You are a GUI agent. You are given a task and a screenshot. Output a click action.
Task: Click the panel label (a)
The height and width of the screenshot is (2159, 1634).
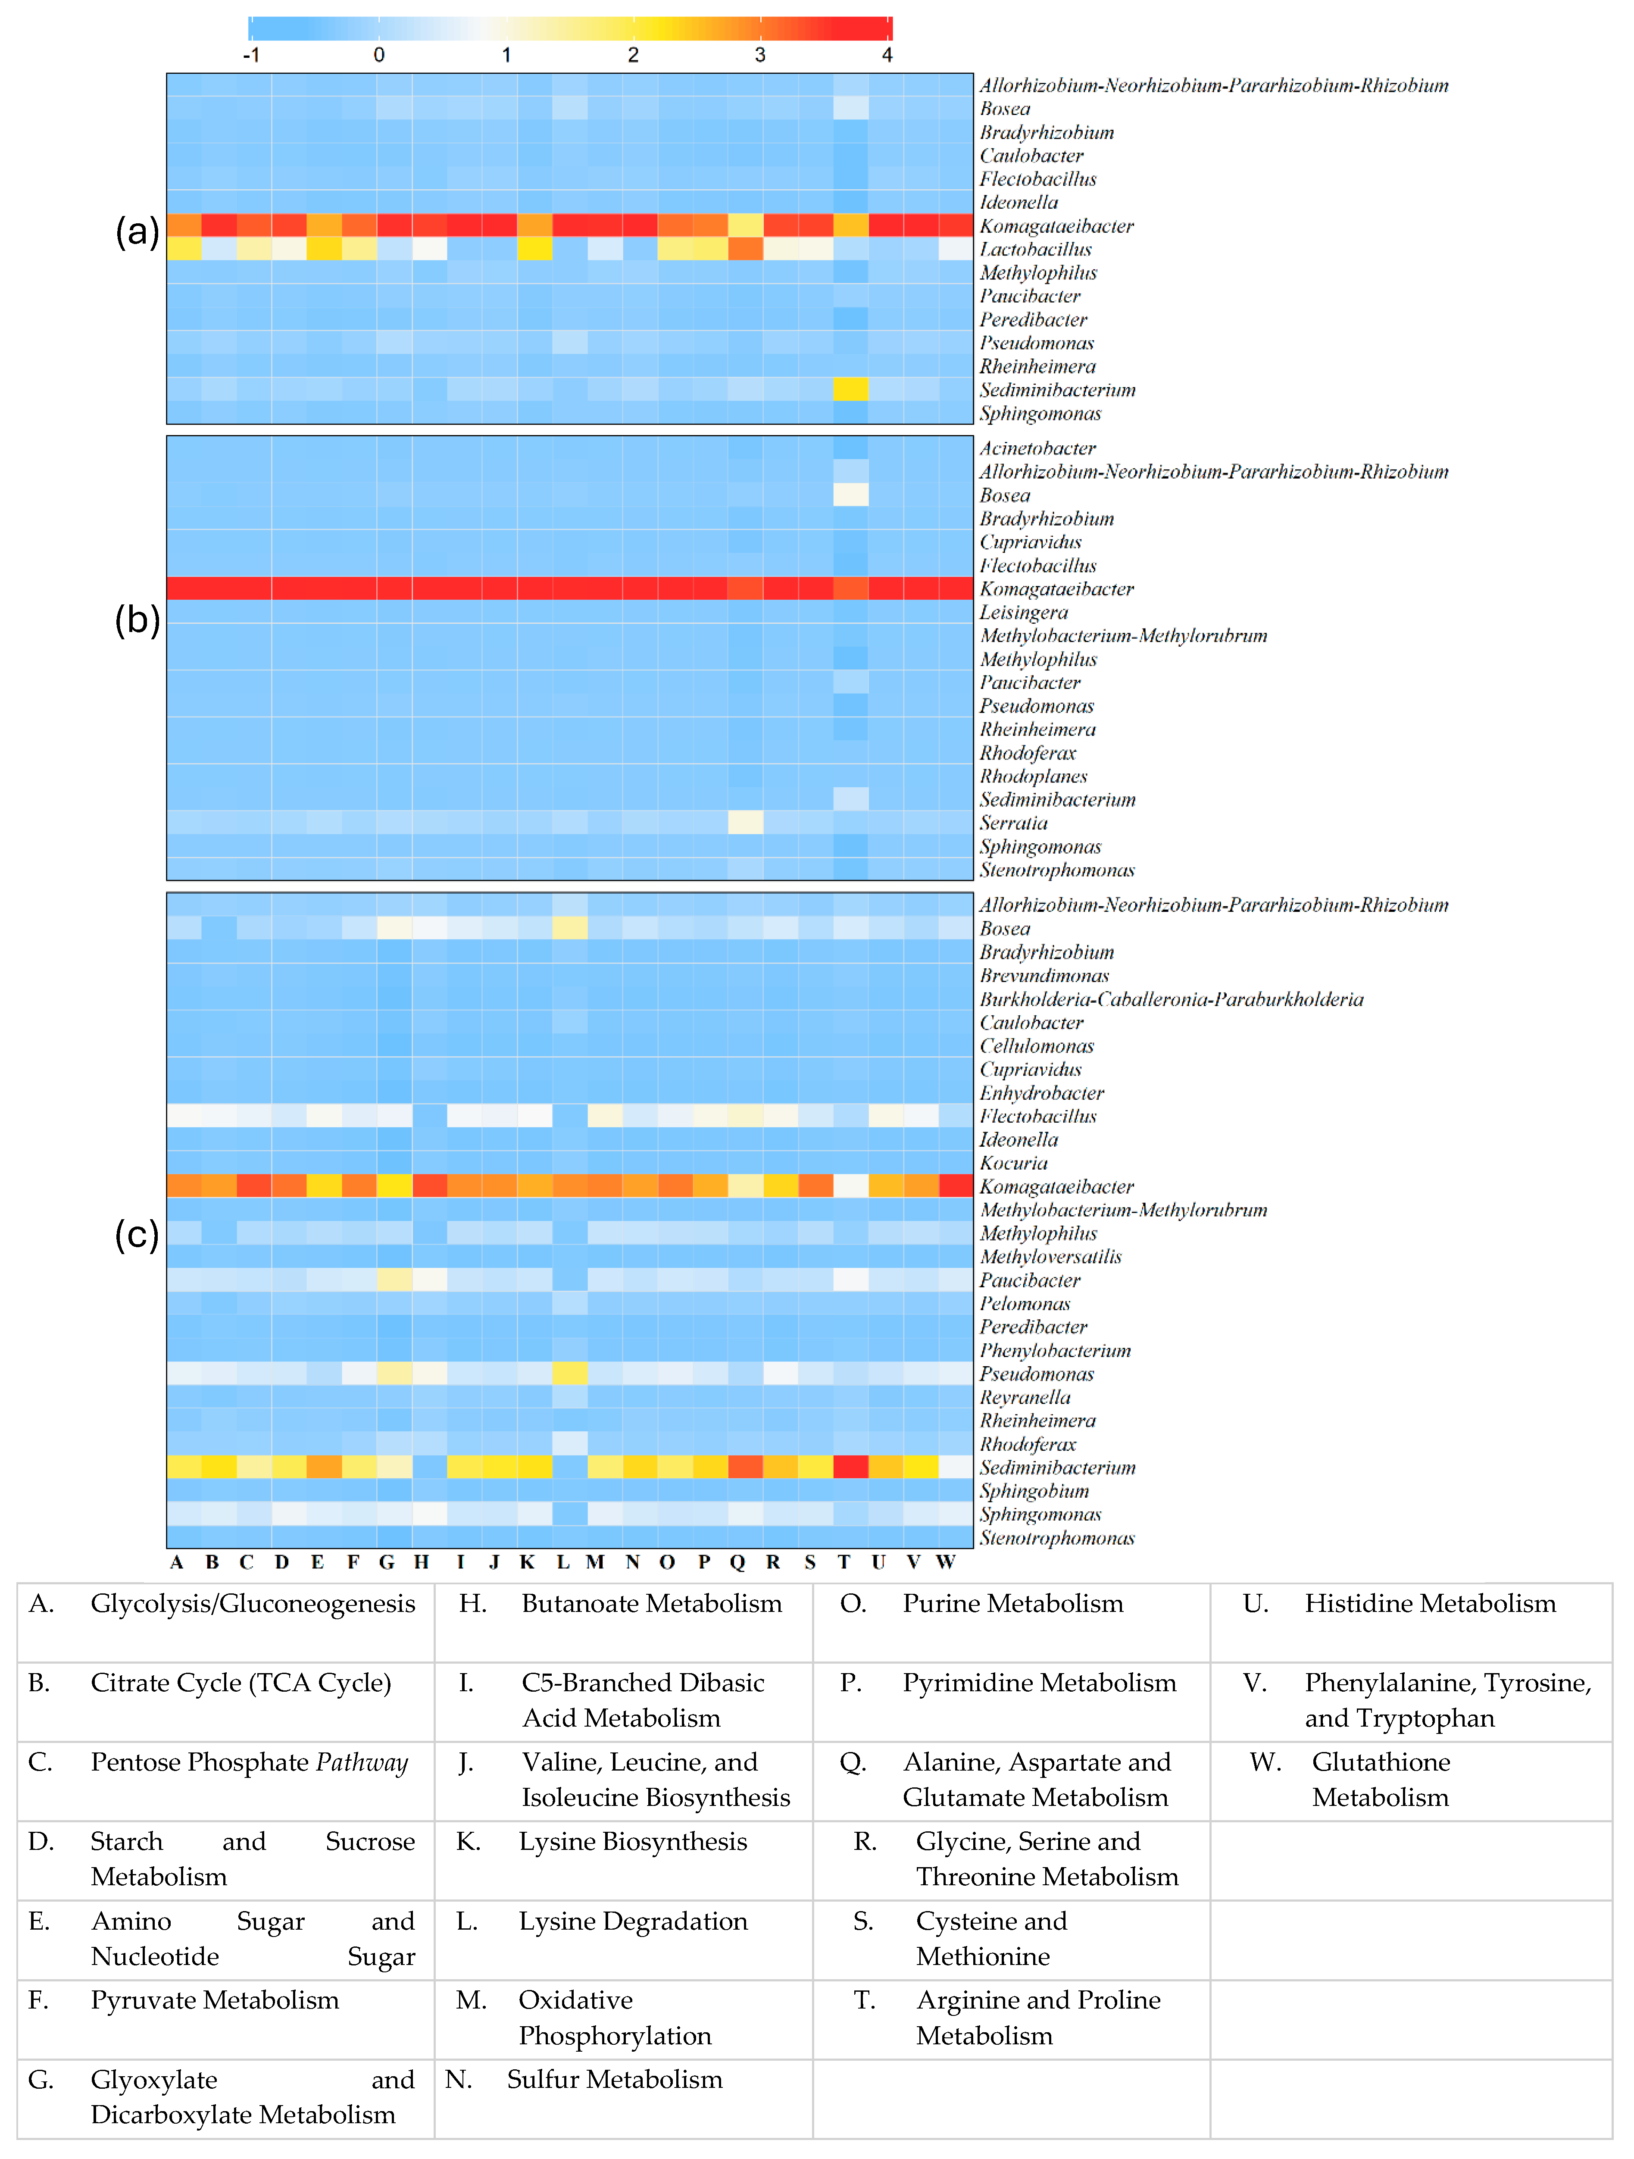pos(137,232)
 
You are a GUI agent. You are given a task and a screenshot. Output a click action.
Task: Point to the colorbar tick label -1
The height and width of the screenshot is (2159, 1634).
pos(251,55)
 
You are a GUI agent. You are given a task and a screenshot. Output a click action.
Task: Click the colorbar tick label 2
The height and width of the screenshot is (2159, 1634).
pos(632,55)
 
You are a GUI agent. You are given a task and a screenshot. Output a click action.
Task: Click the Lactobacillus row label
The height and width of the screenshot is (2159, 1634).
pos(1035,250)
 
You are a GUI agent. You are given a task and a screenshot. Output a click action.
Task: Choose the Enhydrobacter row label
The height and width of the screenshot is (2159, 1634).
pos(1041,1093)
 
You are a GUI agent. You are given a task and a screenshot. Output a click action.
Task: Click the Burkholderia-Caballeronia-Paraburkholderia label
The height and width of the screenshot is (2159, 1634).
pos(1172,999)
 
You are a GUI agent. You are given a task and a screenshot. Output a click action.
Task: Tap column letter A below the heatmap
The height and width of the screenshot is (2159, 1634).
pos(177,1563)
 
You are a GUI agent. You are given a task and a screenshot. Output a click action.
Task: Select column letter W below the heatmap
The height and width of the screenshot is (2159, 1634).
pos(945,1563)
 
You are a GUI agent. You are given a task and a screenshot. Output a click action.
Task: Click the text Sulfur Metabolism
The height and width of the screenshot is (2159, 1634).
pos(614,2080)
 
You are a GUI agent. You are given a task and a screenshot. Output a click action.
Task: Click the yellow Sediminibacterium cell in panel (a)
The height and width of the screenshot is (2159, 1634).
pos(850,389)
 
